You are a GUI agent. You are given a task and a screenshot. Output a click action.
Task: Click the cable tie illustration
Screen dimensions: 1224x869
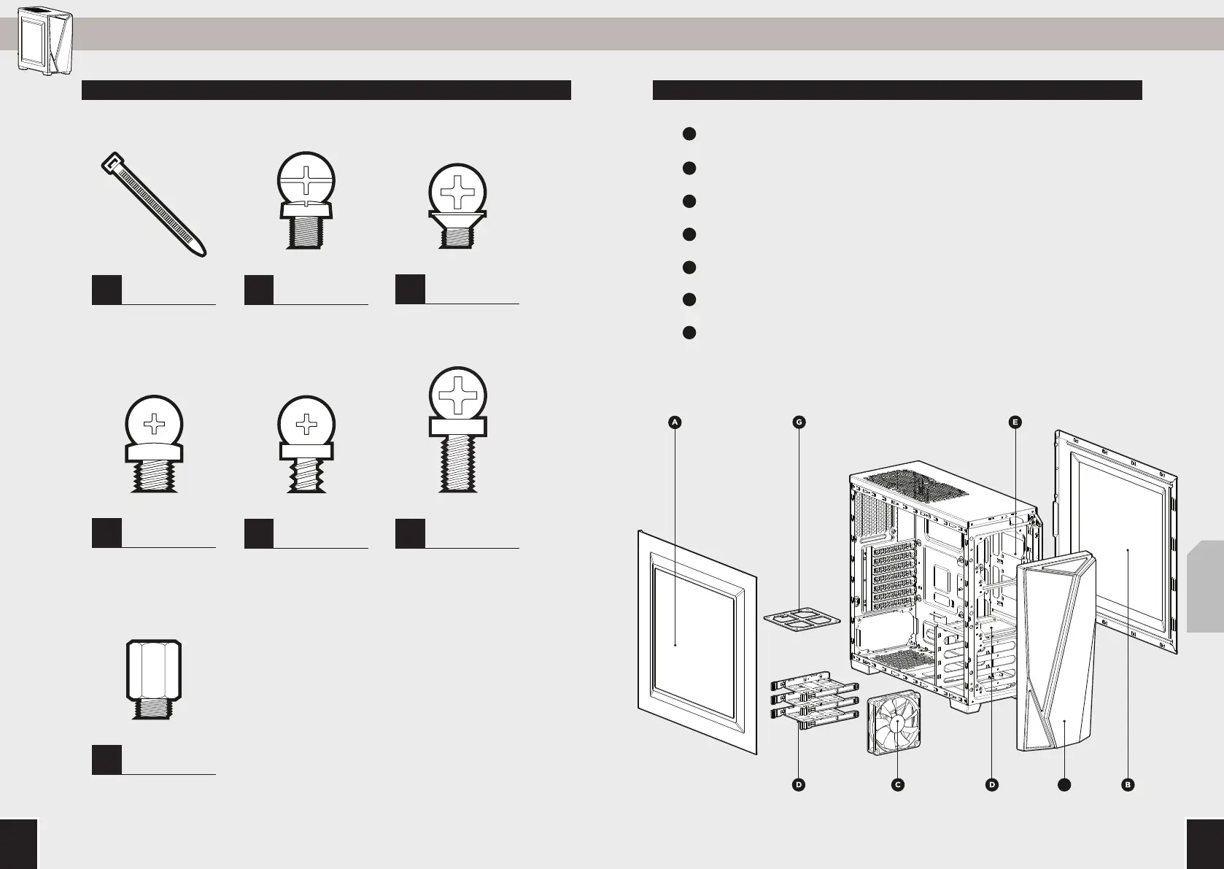pyautogui.click(x=153, y=204)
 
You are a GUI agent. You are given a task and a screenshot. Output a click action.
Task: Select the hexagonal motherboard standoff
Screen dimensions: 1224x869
pyautogui.click(x=153, y=679)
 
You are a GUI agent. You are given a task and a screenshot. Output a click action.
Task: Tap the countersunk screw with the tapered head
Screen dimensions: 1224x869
pyautogui.click(x=457, y=206)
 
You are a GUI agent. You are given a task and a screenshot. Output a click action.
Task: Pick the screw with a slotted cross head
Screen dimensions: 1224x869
pyautogui.click(x=306, y=201)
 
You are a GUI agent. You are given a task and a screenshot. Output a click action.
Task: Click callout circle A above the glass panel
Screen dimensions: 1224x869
pyautogui.click(x=675, y=422)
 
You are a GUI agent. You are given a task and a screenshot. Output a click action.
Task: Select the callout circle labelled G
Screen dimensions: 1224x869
pyautogui.click(x=799, y=422)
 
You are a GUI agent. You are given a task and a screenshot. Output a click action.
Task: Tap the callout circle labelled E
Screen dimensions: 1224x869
pyautogui.click(x=1015, y=422)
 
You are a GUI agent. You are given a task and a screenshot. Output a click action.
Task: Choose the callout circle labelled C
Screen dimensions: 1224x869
pyautogui.click(x=897, y=785)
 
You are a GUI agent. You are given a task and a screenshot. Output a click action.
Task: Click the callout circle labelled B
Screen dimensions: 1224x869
pyautogui.click(x=1128, y=785)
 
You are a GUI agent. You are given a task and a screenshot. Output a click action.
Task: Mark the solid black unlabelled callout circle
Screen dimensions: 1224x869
pyautogui.click(x=1064, y=785)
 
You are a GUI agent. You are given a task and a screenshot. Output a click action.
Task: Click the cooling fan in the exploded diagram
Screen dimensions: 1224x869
pyautogui.click(x=894, y=722)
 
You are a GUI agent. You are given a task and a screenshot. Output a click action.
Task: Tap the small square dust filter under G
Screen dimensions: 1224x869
pyautogui.click(x=801, y=619)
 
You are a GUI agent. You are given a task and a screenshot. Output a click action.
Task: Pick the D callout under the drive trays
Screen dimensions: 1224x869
pyautogui.click(x=799, y=785)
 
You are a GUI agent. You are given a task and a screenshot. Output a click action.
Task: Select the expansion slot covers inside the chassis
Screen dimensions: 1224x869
pyautogui.click(x=893, y=576)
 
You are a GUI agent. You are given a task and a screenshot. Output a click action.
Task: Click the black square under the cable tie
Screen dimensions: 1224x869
pyautogui.click(x=106, y=290)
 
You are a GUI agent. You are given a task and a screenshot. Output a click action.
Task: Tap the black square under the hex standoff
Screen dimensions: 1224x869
pyautogui.click(x=106, y=760)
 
